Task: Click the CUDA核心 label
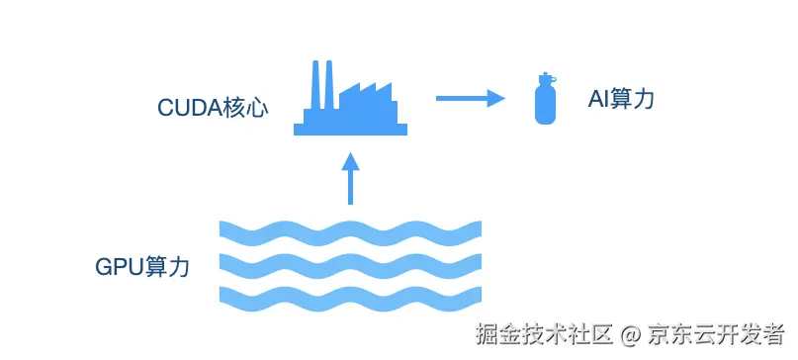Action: click(x=213, y=108)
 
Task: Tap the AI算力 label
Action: click(x=620, y=99)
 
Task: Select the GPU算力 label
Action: click(x=142, y=267)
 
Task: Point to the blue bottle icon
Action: click(x=543, y=99)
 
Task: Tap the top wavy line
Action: click(x=350, y=231)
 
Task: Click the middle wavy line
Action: click(x=350, y=264)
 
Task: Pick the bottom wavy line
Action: click(x=350, y=296)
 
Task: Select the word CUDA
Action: click(x=189, y=108)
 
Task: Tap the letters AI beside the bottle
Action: click(x=598, y=99)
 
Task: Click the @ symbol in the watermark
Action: click(x=631, y=333)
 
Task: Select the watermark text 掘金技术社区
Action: click(x=545, y=333)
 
